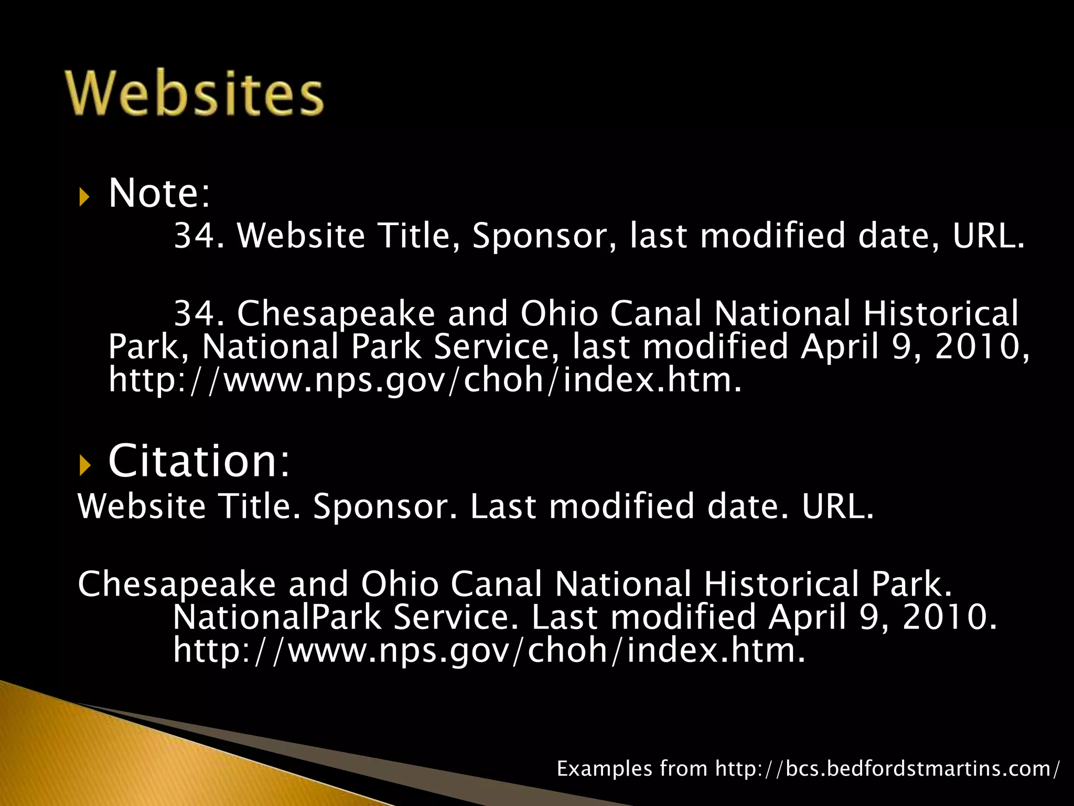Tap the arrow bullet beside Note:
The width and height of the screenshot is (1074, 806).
pyautogui.click(x=84, y=197)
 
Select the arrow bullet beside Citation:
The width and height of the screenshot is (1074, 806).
pyautogui.click(x=84, y=465)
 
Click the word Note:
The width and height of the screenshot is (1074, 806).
pyautogui.click(x=159, y=193)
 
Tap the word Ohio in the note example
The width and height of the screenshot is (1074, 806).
pyautogui.click(x=559, y=314)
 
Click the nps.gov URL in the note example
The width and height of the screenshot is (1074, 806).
pyautogui.click(x=425, y=380)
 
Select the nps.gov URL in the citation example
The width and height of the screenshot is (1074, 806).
pyautogui.click(x=489, y=650)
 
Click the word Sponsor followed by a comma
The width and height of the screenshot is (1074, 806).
pyautogui.click(x=544, y=236)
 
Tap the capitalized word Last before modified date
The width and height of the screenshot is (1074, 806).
pyautogui.click(x=503, y=506)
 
